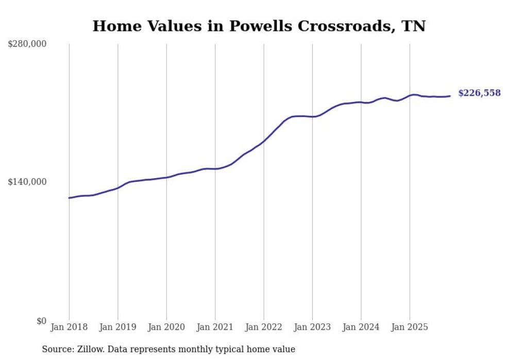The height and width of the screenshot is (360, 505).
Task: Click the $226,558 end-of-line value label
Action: point(479,93)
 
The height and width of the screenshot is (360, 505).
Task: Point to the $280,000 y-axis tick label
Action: point(27,44)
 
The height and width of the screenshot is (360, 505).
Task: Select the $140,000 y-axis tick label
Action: point(27,182)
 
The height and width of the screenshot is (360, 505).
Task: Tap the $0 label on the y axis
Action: point(41,321)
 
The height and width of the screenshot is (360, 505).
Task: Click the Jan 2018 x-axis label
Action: point(69,327)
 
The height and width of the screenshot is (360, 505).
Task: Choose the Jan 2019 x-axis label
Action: point(117,327)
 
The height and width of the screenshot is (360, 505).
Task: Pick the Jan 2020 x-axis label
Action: point(166,327)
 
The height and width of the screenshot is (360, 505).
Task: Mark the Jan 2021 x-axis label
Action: point(215,327)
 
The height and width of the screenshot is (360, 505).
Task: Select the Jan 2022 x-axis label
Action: point(264,327)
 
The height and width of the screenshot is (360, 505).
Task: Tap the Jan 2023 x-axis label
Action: point(312,327)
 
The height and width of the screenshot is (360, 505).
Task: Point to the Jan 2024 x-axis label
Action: point(361,327)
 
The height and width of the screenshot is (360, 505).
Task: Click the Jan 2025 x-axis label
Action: point(410,327)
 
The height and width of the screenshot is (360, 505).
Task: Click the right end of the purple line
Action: point(450,96)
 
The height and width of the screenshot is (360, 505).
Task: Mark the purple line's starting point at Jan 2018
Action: point(69,198)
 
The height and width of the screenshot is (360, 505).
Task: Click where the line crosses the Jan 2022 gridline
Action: point(264,141)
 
